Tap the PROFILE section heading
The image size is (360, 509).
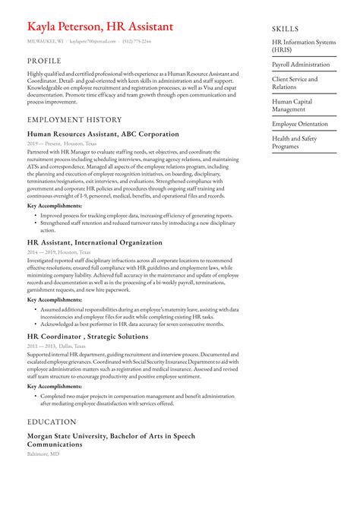coord(44,60)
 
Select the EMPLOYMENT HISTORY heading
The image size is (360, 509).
coord(74,119)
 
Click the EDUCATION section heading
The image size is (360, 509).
coord(52,422)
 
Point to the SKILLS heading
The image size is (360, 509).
coord(286,29)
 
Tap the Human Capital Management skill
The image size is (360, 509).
coord(292,105)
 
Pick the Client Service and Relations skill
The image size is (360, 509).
coord(295,83)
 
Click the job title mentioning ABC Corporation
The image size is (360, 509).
coord(103,134)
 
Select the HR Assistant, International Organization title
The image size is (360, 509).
coord(94,242)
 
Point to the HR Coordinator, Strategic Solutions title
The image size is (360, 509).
coord(87,336)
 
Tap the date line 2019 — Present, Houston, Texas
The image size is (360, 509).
coord(62,143)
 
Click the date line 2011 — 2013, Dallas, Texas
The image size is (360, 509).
coord(58,345)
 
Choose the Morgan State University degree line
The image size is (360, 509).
coord(111,440)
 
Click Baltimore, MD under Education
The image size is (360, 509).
coord(43,454)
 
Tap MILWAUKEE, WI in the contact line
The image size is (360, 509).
coord(46,42)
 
